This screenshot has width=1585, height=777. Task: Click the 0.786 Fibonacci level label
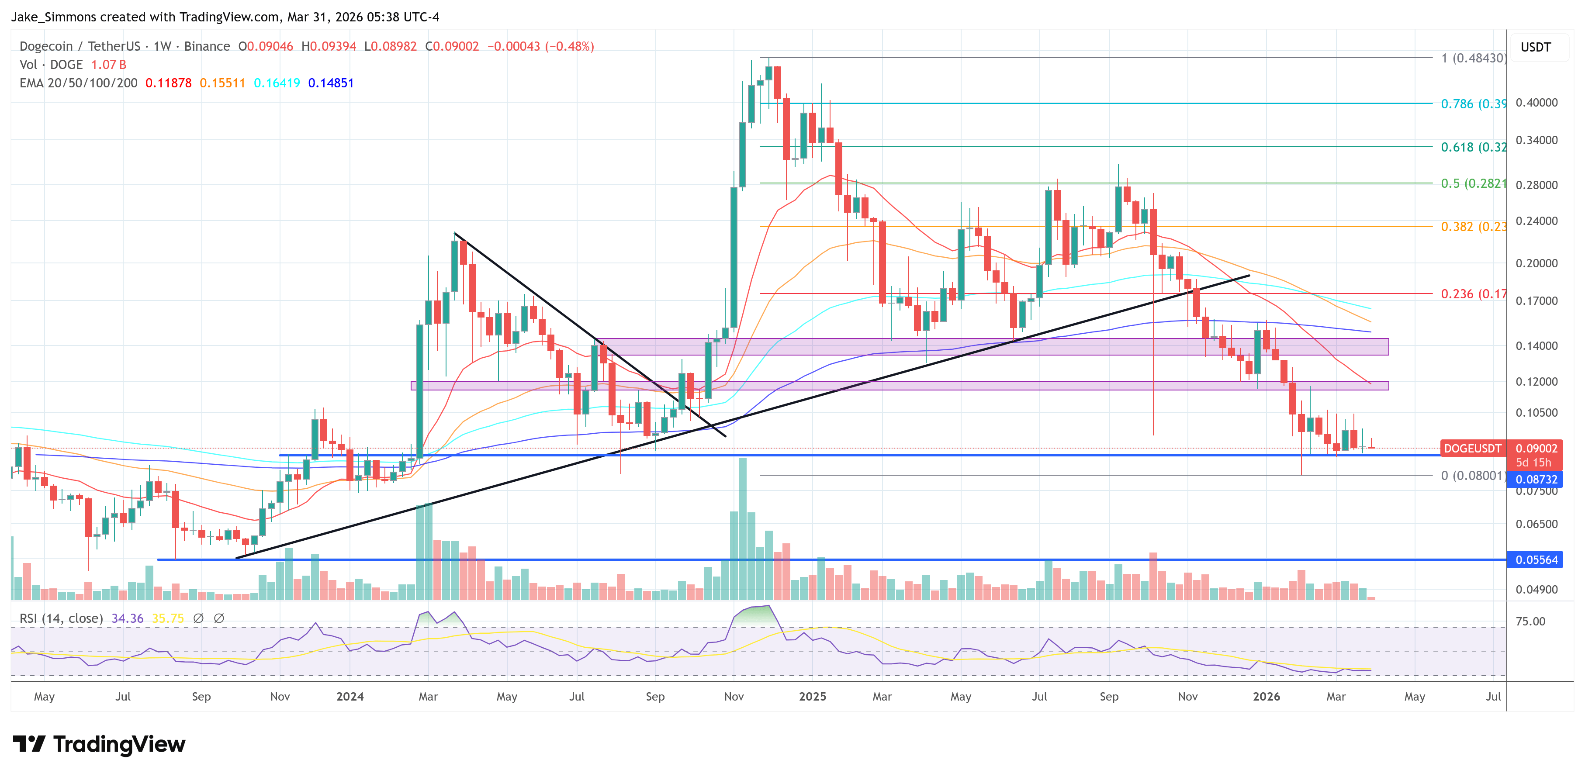click(1472, 104)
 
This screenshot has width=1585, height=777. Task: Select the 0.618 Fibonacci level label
click(1472, 147)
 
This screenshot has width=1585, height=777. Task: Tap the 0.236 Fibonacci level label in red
click(1472, 294)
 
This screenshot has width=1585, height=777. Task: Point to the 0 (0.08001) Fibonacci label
click(1472, 476)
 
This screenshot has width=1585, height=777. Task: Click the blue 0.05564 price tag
click(1536, 560)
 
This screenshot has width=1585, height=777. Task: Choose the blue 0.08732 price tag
click(1536, 479)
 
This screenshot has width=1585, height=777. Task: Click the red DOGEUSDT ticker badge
click(1472, 449)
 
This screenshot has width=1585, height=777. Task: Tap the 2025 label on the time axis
click(812, 696)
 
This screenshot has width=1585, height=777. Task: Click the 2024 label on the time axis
click(350, 696)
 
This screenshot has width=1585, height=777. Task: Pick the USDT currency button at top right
click(1535, 47)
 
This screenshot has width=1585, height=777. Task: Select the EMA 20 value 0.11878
click(168, 83)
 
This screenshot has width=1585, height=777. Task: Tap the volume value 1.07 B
click(108, 65)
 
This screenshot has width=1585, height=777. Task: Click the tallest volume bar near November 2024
click(742, 529)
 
